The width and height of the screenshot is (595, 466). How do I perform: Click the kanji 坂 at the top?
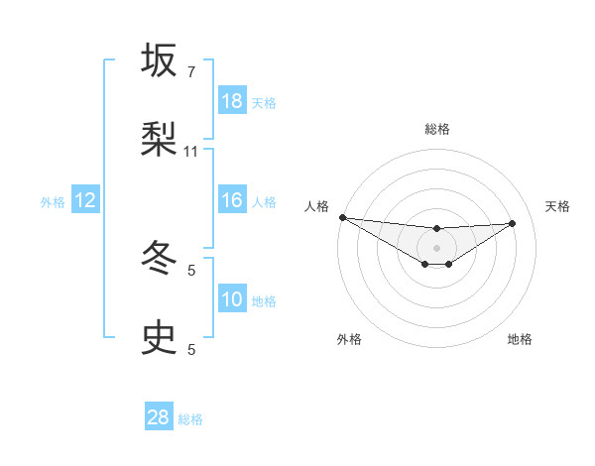point(160,61)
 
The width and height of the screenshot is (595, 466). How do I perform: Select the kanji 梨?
point(160,140)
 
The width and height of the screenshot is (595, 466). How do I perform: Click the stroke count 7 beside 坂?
point(191,72)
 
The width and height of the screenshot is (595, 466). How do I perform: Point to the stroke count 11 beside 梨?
point(191,152)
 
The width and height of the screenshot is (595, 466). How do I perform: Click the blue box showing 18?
point(232,101)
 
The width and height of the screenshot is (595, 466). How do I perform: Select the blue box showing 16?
point(232,200)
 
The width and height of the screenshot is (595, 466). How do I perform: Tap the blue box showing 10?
point(232,299)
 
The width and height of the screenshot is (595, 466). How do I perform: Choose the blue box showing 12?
point(85,200)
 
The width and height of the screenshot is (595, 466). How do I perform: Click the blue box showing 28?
point(159,417)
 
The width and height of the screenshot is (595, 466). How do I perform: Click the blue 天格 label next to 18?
point(264,102)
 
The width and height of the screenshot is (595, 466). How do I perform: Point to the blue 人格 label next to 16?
point(264,201)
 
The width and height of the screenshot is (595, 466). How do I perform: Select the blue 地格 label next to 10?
point(264,300)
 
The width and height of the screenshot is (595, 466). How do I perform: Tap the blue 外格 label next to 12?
point(53,201)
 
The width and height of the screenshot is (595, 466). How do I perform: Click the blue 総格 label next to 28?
point(190,418)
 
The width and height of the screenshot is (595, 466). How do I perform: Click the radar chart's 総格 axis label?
point(437,129)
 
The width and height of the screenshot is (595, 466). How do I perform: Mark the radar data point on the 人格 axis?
point(342,217)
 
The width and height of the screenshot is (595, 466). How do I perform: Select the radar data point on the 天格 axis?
point(513,223)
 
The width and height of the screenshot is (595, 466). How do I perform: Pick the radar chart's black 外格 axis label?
point(349,339)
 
